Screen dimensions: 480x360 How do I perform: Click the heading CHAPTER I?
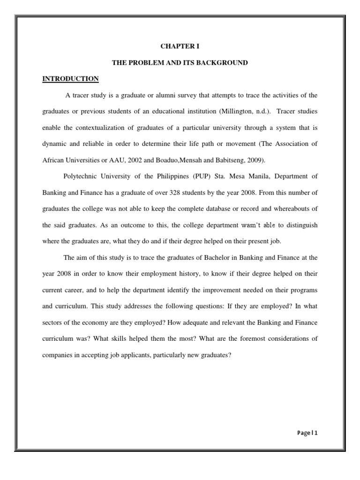[x=180, y=46]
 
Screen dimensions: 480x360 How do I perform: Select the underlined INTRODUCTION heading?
[x=70, y=79]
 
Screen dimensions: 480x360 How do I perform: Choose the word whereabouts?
[x=293, y=209]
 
